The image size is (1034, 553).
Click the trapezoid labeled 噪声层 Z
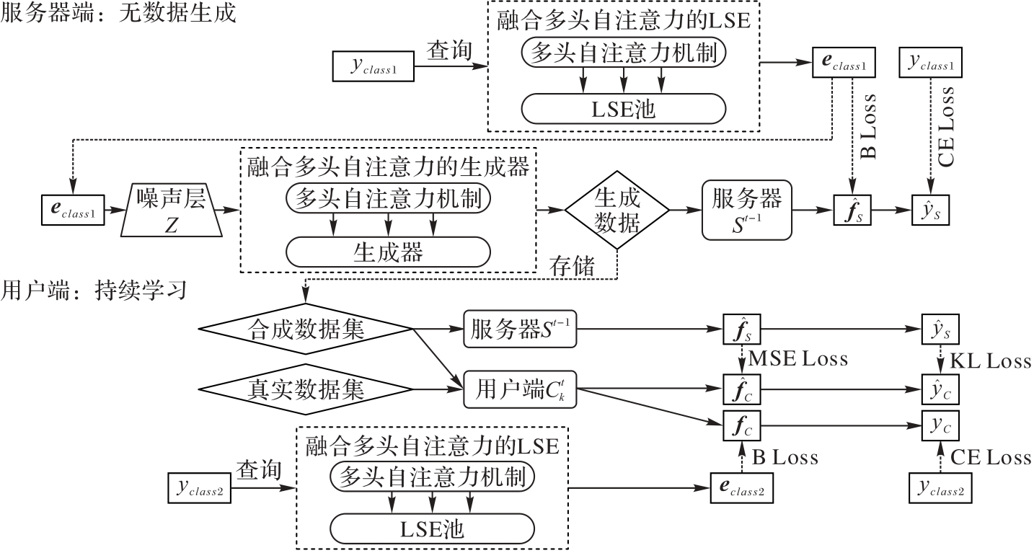[x=170, y=211]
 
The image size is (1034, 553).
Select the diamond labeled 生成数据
[x=617, y=210]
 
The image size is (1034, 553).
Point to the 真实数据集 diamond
[x=305, y=389]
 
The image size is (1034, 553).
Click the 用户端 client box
[x=518, y=389]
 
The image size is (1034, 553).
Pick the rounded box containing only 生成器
[x=388, y=252]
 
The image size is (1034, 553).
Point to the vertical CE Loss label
[x=947, y=127]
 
